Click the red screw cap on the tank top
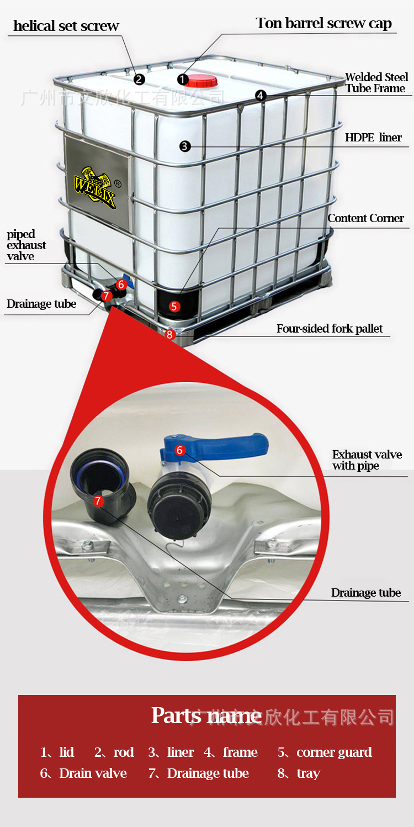pos(201,81)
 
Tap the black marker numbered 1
pos(183,80)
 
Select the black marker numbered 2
pos(139,79)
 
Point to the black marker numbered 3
pos(185,146)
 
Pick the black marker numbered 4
pos(261,96)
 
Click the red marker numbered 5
pos(174,305)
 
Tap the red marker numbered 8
pos(169,334)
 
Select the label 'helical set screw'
pos(66,26)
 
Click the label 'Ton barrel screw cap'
pos(323,23)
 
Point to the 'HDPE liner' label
pos(373,138)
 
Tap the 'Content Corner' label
pos(365,218)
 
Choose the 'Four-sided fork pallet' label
pos(330,329)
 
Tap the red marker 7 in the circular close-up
pos(98,501)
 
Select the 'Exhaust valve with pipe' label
pos(367,460)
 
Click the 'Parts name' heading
pos(206,715)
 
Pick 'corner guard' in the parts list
pos(334,752)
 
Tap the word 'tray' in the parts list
pos(308,773)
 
